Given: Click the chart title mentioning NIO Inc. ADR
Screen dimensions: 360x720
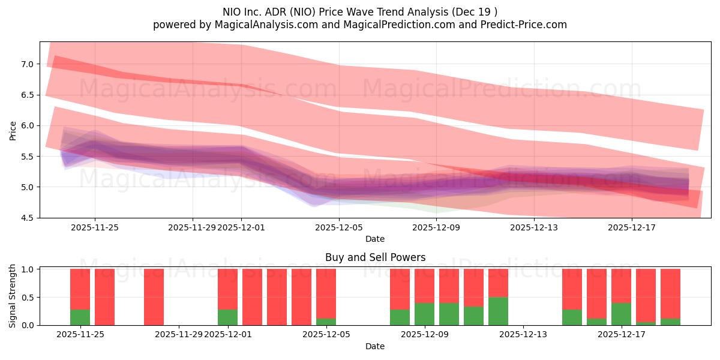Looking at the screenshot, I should click(x=359, y=11).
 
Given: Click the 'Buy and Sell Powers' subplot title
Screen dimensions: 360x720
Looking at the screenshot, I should click(x=375, y=257).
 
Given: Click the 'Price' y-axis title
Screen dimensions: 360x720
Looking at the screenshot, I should click(x=13, y=130).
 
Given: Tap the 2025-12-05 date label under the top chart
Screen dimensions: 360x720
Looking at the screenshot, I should click(x=339, y=227).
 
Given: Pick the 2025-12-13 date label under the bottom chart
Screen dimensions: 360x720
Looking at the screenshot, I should click(x=523, y=335).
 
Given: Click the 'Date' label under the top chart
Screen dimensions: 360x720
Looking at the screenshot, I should click(x=375, y=239).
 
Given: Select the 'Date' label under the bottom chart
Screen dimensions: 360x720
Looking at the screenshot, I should click(x=375, y=346).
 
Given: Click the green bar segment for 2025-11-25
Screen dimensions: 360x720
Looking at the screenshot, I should click(x=80, y=317).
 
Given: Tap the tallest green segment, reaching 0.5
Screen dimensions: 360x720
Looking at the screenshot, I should click(x=498, y=311).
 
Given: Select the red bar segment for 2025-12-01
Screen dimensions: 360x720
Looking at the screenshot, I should click(x=227, y=289).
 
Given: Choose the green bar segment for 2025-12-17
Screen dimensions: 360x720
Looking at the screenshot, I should click(x=621, y=314).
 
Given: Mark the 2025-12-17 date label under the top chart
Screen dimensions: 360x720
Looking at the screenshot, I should click(x=631, y=227).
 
